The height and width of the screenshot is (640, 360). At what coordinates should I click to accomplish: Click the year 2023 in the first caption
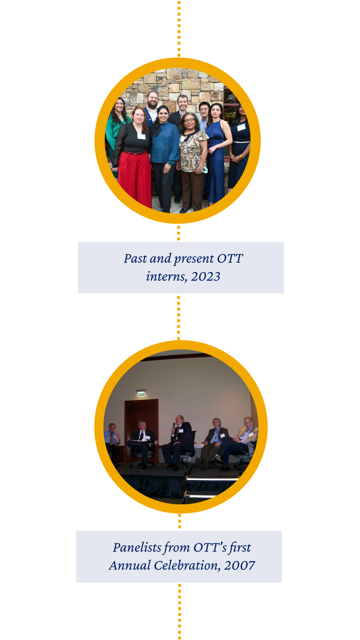(x=205, y=276)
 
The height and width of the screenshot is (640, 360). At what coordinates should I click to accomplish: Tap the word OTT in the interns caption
(x=230, y=258)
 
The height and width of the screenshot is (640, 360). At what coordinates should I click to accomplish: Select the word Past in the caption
(x=135, y=258)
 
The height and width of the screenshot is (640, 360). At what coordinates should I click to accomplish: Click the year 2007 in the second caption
(x=239, y=565)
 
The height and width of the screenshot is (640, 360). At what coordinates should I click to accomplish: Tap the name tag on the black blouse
(x=141, y=136)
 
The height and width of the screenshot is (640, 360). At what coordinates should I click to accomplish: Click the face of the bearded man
(x=152, y=99)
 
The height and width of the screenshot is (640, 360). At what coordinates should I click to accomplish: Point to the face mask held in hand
(x=204, y=170)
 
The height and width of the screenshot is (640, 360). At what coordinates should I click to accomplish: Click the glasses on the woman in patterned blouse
(x=189, y=120)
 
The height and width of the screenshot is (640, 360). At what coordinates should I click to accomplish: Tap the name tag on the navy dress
(x=241, y=127)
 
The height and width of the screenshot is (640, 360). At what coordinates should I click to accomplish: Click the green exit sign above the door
(x=141, y=394)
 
